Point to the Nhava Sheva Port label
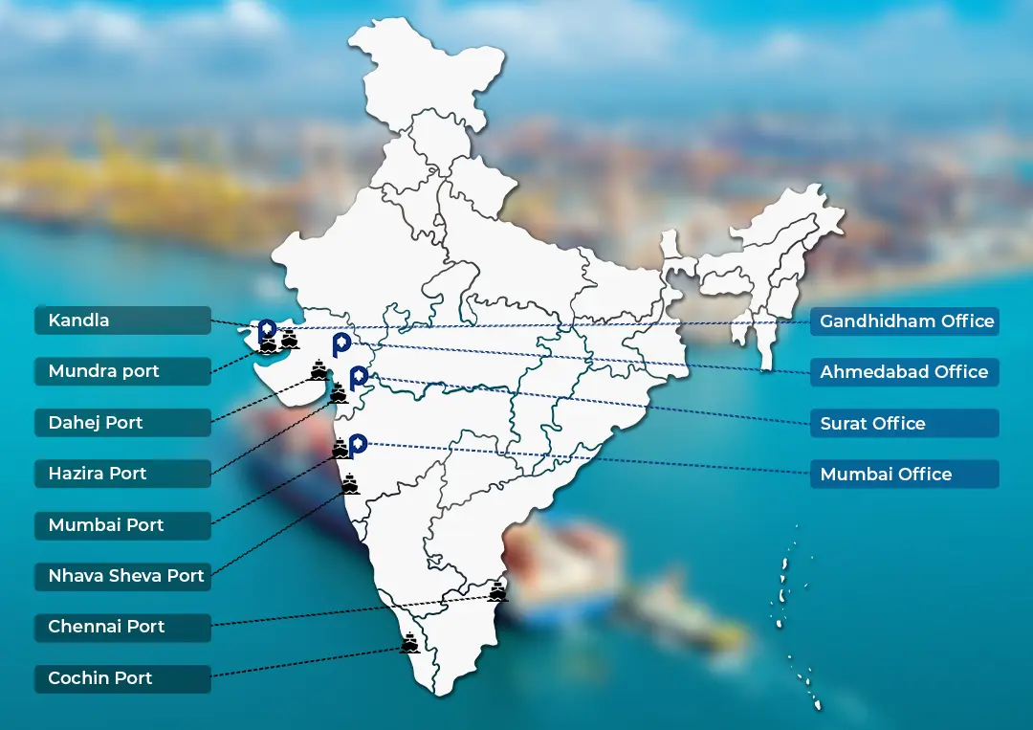pyautogui.click(x=126, y=576)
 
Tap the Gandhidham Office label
pyautogui.click(x=906, y=321)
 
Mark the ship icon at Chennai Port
pyautogui.click(x=497, y=592)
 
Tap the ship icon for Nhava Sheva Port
pyautogui.click(x=351, y=484)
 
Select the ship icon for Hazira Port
pyautogui.click(x=339, y=392)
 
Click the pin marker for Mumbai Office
pyautogui.click(x=358, y=444)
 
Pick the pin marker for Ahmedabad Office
pyautogui.click(x=341, y=344)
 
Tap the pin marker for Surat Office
pyautogui.click(x=358, y=376)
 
